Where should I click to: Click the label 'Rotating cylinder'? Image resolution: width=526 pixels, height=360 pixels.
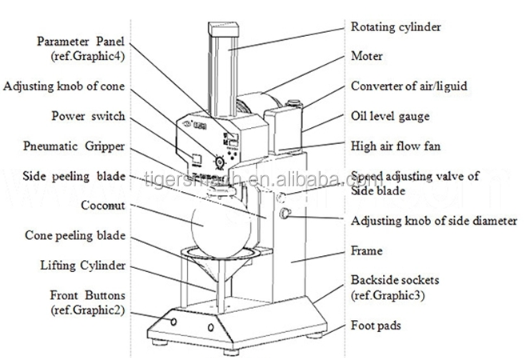(x=397, y=27)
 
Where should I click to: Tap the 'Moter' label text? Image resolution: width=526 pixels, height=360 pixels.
(x=367, y=57)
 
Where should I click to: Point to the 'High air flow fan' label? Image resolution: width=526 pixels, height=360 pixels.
(x=395, y=146)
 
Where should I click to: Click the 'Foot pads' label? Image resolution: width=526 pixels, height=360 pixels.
(x=377, y=326)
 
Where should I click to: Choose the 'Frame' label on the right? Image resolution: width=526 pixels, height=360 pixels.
(x=368, y=250)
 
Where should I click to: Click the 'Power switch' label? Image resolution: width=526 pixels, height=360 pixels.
(x=88, y=116)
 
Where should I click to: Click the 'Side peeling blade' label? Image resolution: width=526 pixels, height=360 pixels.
(x=70, y=175)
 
